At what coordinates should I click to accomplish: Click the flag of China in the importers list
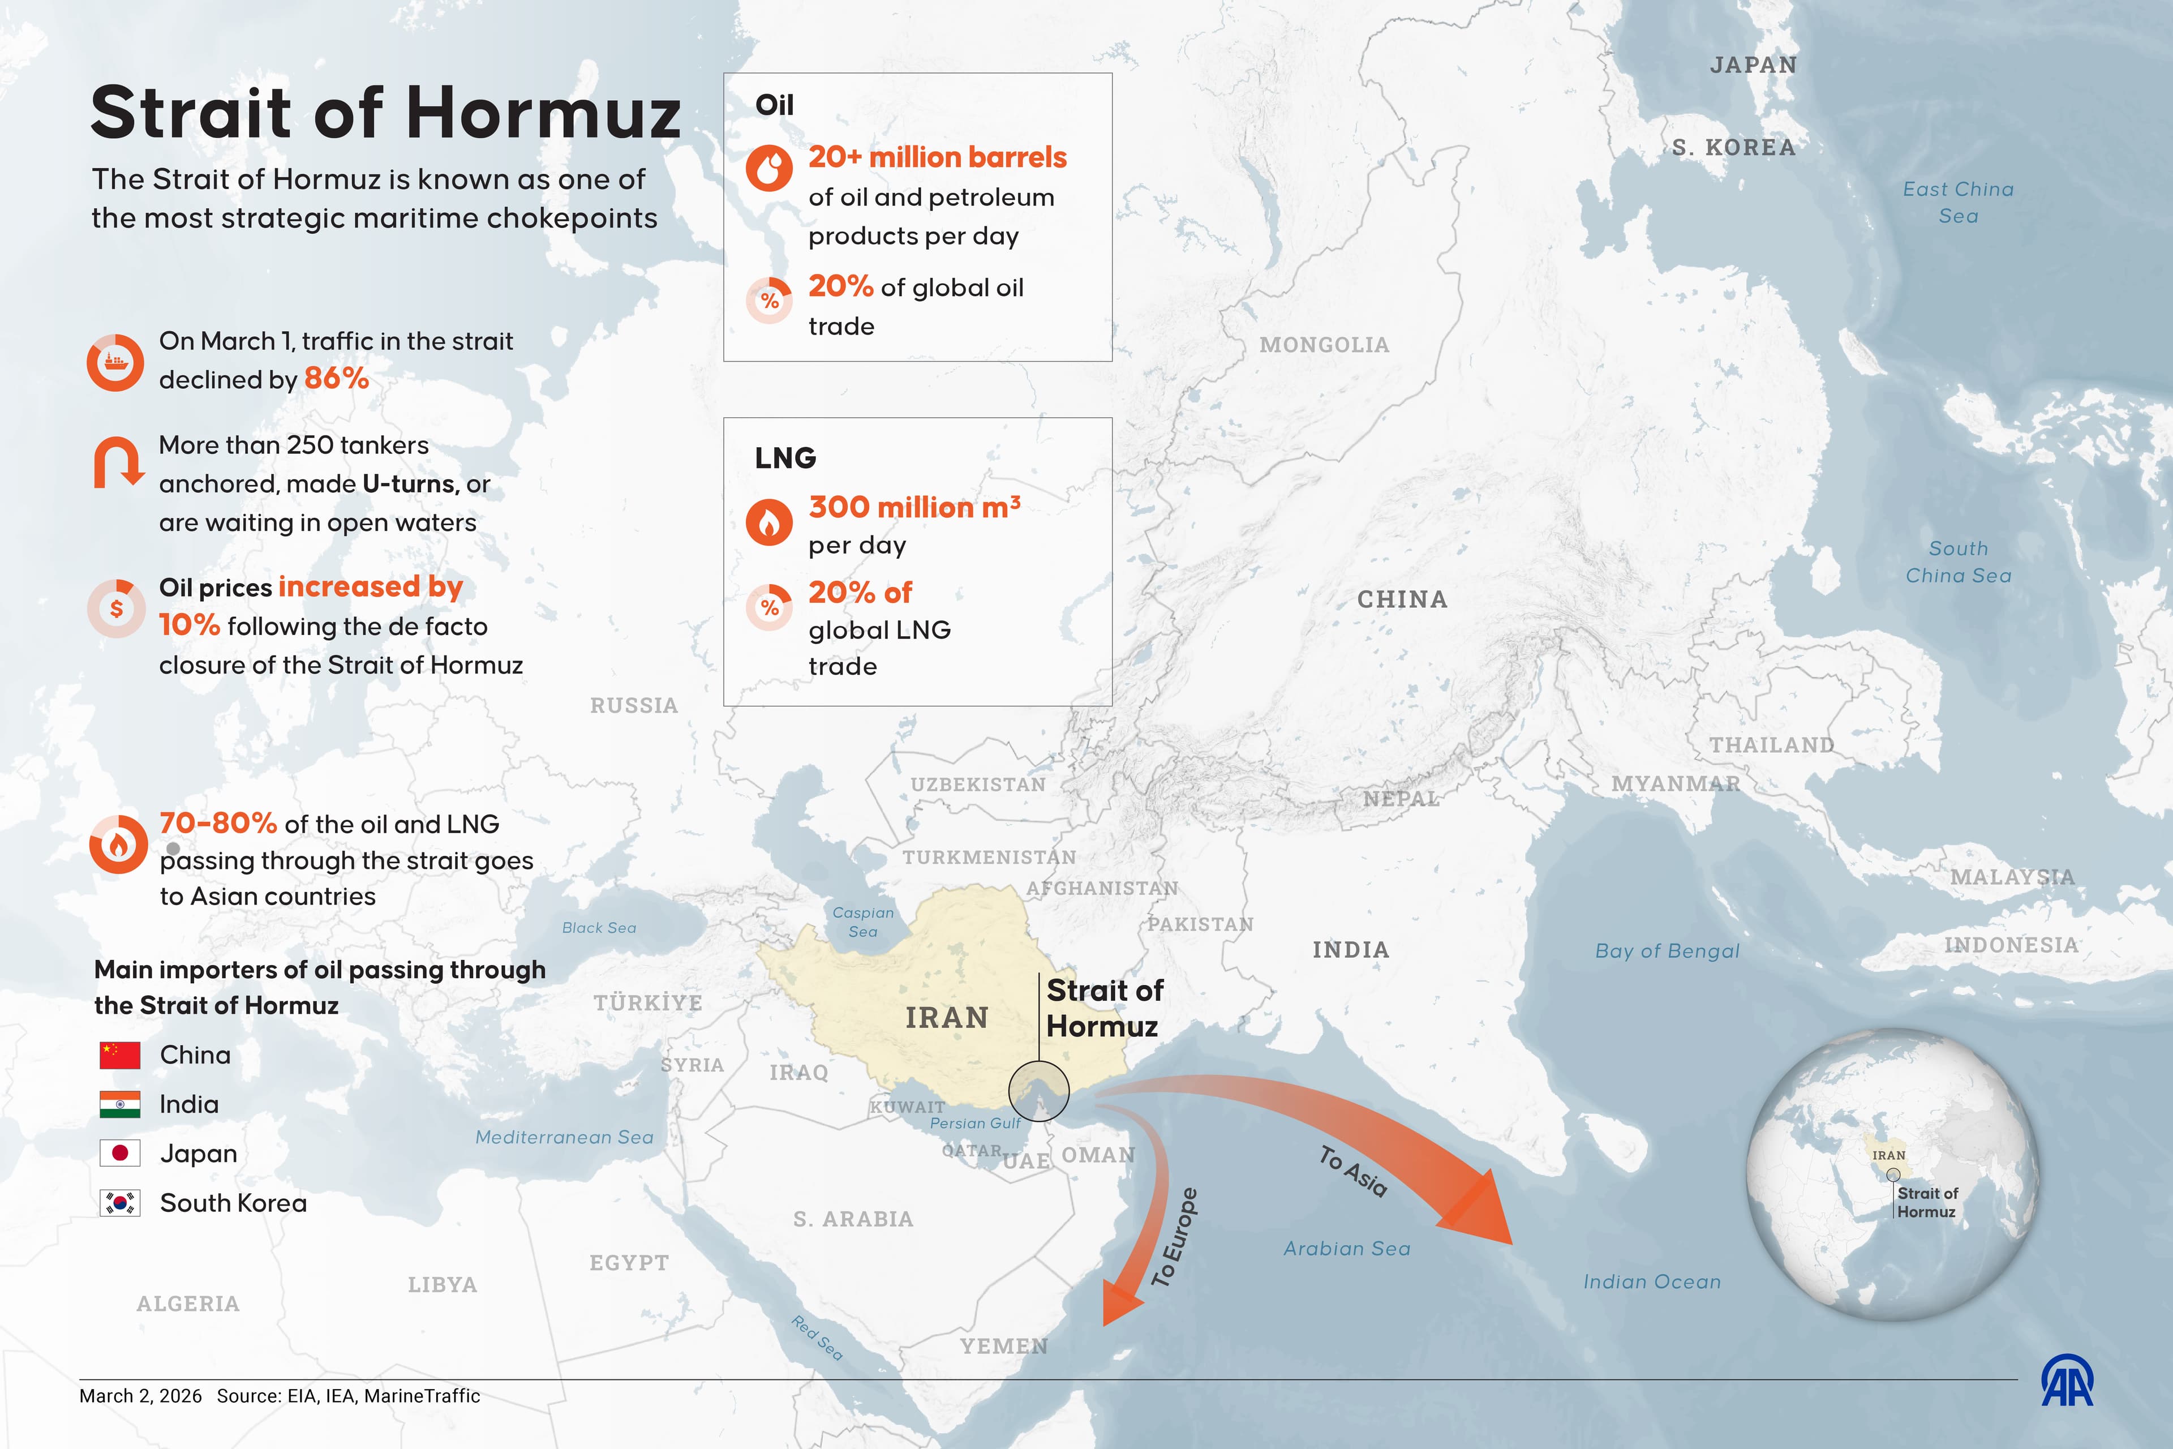(120, 1054)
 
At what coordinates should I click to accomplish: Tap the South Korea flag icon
(120, 1202)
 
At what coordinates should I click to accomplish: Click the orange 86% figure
(336, 378)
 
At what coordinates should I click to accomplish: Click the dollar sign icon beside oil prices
(117, 608)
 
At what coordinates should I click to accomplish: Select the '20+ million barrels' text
(937, 157)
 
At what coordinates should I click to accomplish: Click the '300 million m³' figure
(914, 507)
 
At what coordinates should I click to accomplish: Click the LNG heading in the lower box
(785, 457)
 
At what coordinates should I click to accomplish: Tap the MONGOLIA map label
(1324, 345)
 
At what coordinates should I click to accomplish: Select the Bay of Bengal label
(1667, 951)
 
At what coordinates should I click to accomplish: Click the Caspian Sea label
(863, 921)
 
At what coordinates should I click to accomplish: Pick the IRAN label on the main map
(947, 1018)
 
